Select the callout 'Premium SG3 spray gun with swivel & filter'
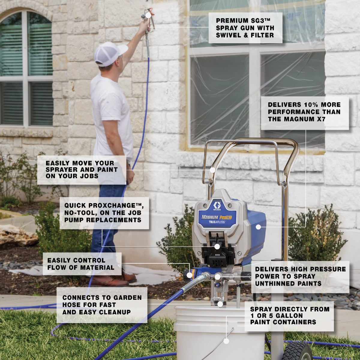pyautogui.click(x=245, y=28)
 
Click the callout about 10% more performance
pyautogui.click(x=304, y=112)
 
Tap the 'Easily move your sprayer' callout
pyautogui.click(x=81, y=170)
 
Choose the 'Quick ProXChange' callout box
pyautogui.click(x=104, y=213)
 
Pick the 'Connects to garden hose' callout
pyautogui.click(x=102, y=305)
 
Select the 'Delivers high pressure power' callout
pyautogui.click(x=300, y=276)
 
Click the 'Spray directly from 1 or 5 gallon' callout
pyautogui.click(x=289, y=316)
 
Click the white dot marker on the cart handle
pyautogui.click(x=212, y=170)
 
